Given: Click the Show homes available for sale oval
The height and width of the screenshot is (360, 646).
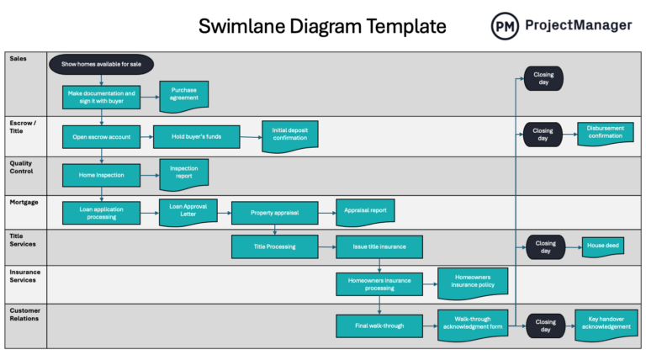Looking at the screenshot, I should tap(101, 64).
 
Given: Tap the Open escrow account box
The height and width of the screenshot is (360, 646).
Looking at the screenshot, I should tap(101, 136).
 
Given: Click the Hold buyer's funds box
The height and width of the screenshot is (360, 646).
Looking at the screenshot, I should tap(196, 136).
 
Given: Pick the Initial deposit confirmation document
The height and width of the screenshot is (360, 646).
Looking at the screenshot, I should tap(289, 135).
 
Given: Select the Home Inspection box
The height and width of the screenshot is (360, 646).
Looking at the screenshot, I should tap(101, 175).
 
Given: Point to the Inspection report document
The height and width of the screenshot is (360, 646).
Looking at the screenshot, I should tap(183, 173).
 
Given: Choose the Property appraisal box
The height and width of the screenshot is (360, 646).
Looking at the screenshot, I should tap(274, 213).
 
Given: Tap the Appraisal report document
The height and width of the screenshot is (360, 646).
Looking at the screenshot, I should tap(365, 212).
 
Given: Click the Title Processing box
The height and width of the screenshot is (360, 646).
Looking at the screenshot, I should tap(274, 246).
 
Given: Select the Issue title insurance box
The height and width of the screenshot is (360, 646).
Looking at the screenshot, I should tap(379, 246).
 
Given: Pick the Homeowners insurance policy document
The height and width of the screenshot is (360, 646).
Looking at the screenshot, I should tap(473, 283).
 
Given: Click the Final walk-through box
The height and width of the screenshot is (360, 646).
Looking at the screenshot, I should tap(379, 325).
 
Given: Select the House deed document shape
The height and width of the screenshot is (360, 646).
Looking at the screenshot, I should tap(602, 246).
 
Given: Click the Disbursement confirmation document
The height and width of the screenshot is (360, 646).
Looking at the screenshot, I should tap(606, 135).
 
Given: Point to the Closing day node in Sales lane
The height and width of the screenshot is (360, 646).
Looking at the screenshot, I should tap(543, 78).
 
